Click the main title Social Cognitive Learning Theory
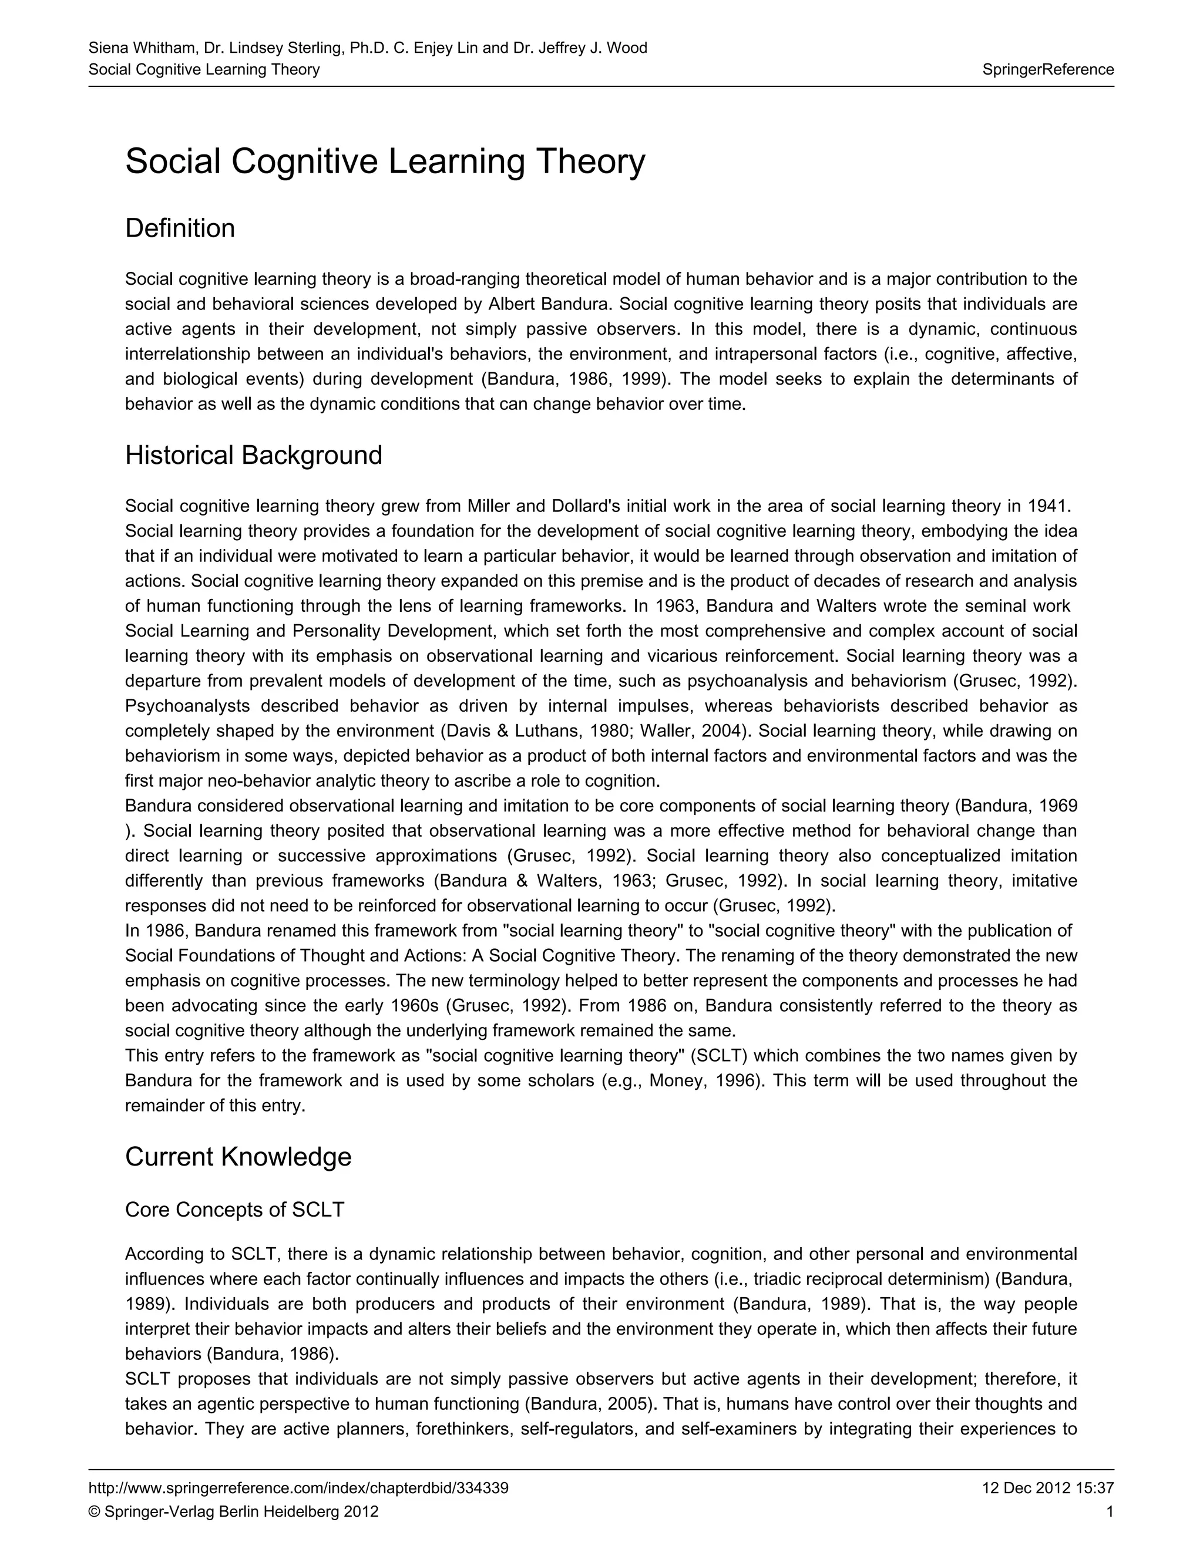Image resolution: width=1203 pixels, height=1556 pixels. coord(385,161)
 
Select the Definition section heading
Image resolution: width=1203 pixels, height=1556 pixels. coord(180,228)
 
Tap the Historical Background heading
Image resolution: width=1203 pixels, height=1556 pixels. coord(253,455)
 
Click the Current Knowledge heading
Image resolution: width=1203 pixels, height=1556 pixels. coord(238,1156)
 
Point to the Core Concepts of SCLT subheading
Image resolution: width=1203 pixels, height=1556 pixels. coord(234,1210)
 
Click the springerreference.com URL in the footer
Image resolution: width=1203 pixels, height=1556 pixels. coord(298,1488)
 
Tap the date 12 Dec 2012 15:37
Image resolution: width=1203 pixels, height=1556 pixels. coord(1047,1488)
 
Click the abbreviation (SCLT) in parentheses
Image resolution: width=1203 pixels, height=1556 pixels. coord(721,1056)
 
